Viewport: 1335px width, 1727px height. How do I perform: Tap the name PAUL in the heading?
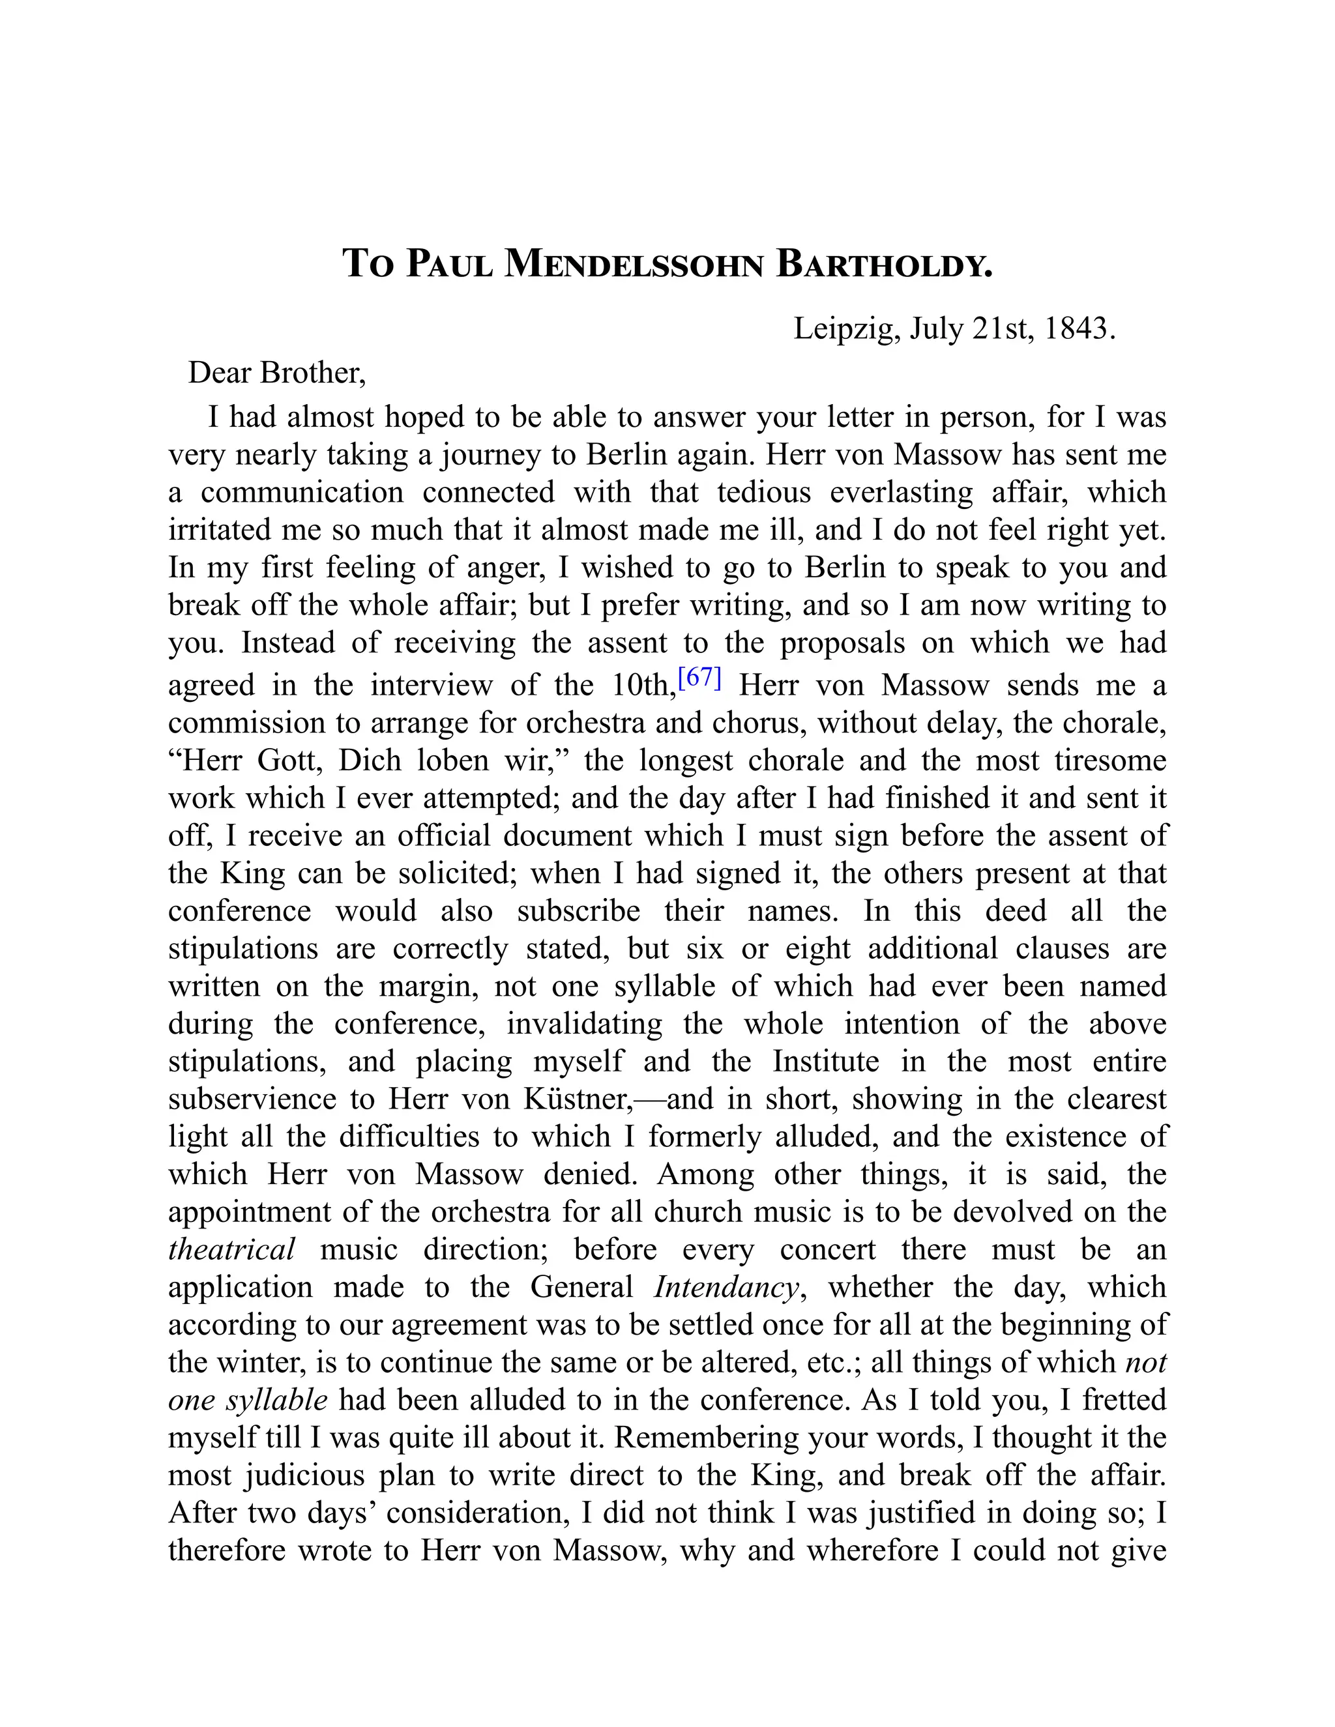click(x=450, y=264)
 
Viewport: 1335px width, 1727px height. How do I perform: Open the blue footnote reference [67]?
click(x=700, y=677)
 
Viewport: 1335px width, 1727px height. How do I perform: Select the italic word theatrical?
click(x=231, y=1249)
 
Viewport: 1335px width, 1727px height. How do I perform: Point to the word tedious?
click(x=765, y=492)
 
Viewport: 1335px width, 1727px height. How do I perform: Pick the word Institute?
click(x=826, y=1060)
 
